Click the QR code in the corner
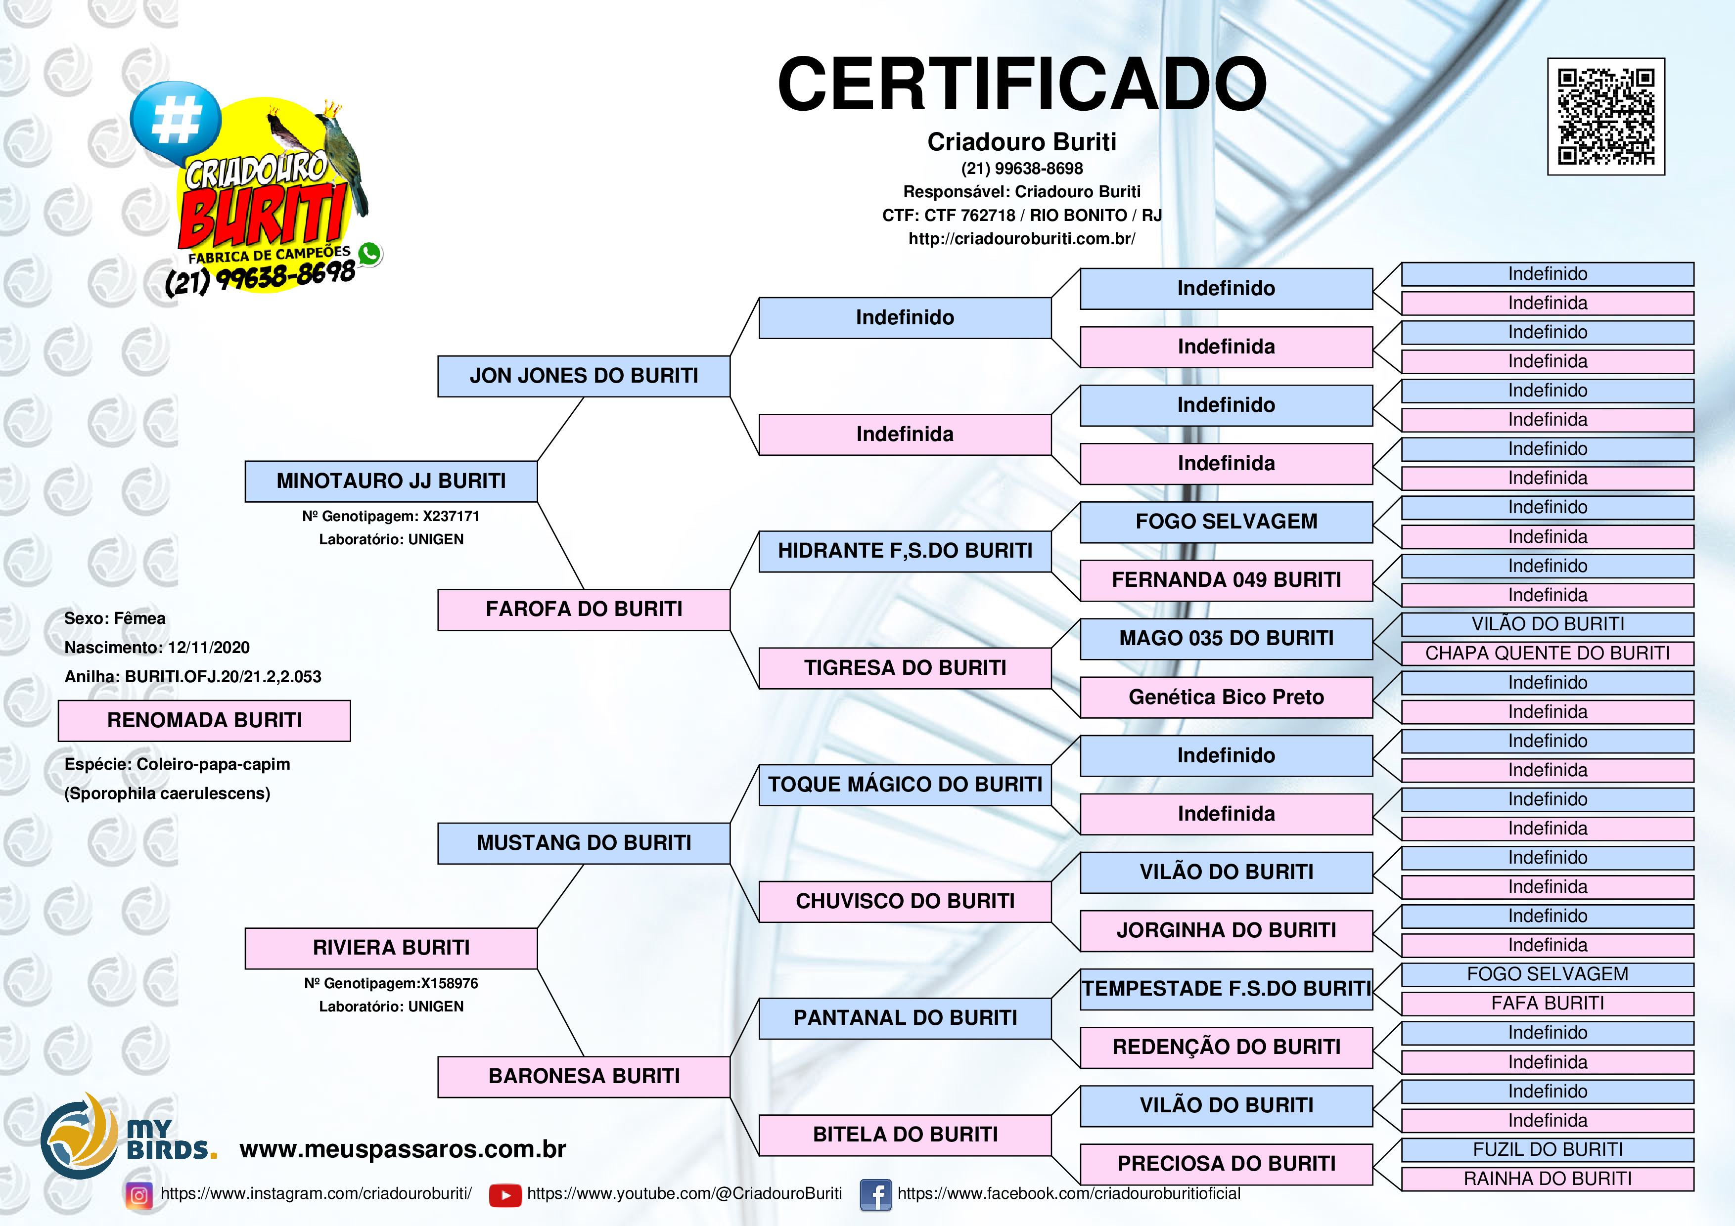pyautogui.click(x=1606, y=116)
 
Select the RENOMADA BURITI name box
pyautogui.click(x=204, y=720)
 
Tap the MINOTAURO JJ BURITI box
pyautogui.click(x=391, y=481)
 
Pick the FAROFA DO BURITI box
pyautogui.click(x=584, y=610)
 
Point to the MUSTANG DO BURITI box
pyautogui.click(x=584, y=843)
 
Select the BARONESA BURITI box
pyautogui.click(x=584, y=1076)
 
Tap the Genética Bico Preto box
pyautogui.click(x=1226, y=697)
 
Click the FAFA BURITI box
pyautogui.click(x=1548, y=1003)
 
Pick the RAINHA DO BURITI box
pyautogui.click(x=1548, y=1179)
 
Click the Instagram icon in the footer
pyautogui.click(x=139, y=1195)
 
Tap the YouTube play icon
pyautogui.click(x=505, y=1195)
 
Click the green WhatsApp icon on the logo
pyautogui.click(x=369, y=254)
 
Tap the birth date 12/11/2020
pyautogui.click(x=209, y=648)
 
